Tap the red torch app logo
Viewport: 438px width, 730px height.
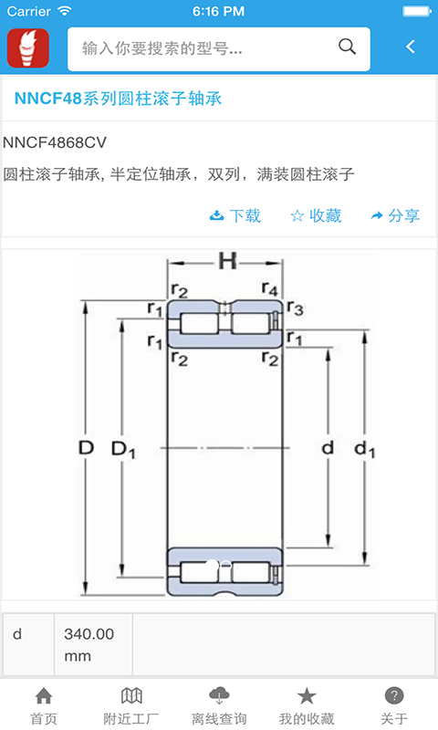28,48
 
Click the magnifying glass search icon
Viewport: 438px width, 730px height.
347,47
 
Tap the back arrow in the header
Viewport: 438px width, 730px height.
410,47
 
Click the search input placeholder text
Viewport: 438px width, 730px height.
162,48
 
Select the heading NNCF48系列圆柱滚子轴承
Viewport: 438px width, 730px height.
118,99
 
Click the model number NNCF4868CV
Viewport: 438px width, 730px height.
55,142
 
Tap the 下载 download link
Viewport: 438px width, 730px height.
235,215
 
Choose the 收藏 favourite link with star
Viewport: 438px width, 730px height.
316,215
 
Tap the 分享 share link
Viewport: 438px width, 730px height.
395,215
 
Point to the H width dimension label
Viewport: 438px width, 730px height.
227,262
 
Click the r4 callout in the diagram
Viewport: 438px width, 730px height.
269,288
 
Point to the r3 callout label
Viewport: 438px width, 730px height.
295,308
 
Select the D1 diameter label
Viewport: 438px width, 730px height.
123,450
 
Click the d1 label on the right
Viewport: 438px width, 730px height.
364,449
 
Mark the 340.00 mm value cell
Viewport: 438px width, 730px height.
94,644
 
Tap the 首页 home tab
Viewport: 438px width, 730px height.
44,706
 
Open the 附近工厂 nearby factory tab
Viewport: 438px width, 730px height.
131,706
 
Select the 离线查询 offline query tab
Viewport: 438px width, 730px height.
219,706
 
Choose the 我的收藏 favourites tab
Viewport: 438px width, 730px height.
307,706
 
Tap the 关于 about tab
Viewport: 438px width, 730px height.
394,706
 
